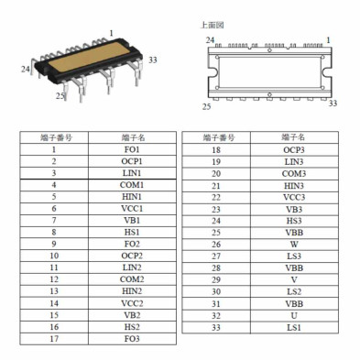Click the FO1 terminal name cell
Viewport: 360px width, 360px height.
coord(132,149)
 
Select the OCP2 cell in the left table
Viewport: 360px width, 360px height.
coord(132,256)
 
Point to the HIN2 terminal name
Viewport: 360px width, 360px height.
coord(132,291)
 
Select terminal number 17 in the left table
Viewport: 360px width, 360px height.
coord(55,339)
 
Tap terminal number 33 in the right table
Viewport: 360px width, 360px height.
coord(216,327)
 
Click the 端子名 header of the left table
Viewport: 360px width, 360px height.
coord(132,137)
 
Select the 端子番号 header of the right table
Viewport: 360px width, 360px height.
coord(216,137)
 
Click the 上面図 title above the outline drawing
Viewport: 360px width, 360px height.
coord(212,25)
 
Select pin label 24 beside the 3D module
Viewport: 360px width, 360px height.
coord(26,69)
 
